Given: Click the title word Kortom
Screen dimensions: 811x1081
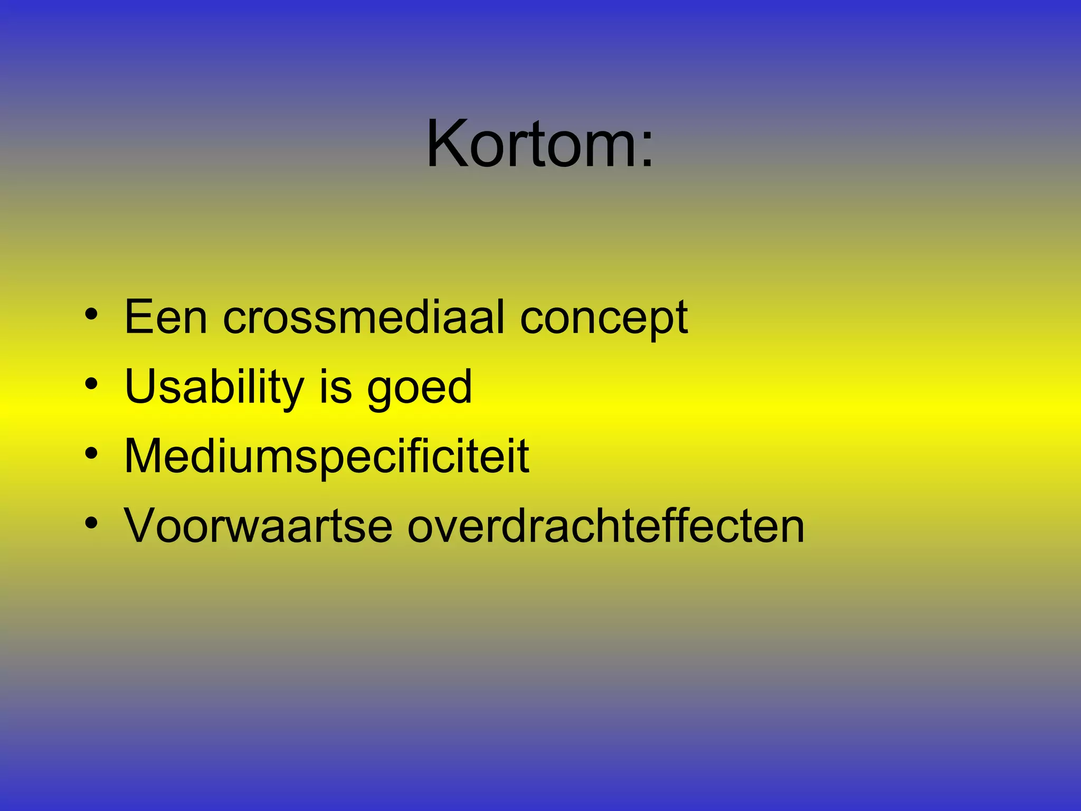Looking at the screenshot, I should click(530, 144).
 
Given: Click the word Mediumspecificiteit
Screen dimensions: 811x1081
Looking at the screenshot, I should click(326, 457).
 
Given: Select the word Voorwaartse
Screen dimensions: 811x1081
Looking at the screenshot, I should click(258, 526).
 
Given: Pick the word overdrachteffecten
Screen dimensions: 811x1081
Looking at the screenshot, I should click(606, 526).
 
